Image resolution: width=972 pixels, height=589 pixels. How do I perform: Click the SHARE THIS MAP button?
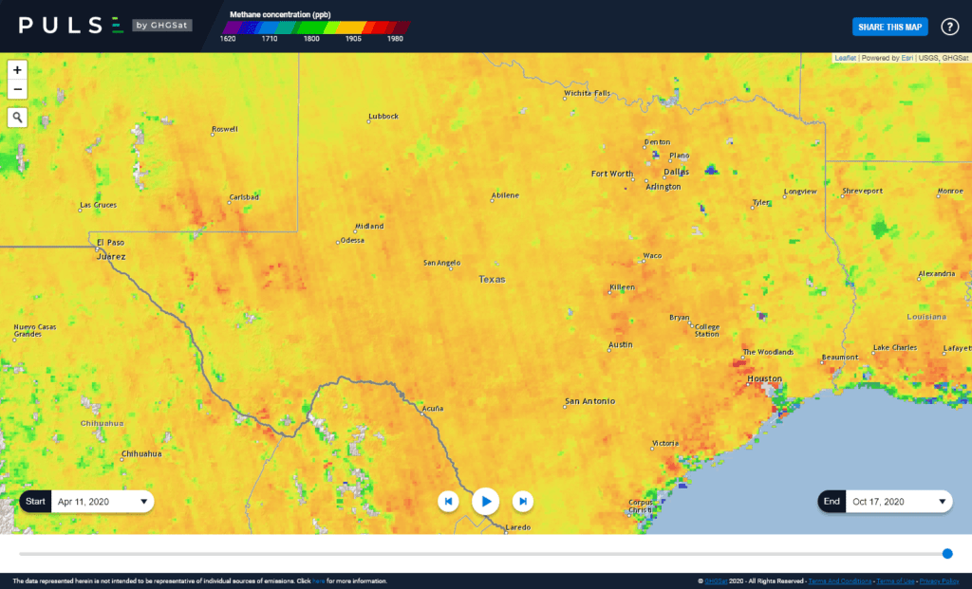pyautogui.click(x=888, y=27)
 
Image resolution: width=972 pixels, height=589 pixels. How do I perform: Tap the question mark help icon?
pyautogui.click(x=949, y=27)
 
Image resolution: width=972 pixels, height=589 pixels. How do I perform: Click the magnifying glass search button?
pyautogui.click(x=17, y=118)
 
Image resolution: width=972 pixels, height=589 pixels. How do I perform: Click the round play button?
pyautogui.click(x=485, y=500)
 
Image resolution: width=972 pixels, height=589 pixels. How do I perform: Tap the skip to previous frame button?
pyautogui.click(x=449, y=501)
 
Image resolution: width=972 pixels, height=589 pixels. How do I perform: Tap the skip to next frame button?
pyautogui.click(x=522, y=501)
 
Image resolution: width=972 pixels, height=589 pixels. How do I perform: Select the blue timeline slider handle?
pyautogui.click(x=947, y=554)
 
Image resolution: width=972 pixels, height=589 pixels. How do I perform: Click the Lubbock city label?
pyautogui.click(x=383, y=117)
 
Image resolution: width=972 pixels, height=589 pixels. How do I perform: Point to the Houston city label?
pyautogui.click(x=764, y=378)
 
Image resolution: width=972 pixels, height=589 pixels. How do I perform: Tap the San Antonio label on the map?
pyautogui.click(x=589, y=401)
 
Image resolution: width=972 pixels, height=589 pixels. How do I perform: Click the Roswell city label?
pyautogui.click(x=225, y=129)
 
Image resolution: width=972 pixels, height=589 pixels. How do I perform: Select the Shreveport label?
pyautogui.click(x=862, y=191)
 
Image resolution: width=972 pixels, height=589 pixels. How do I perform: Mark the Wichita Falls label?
pyautogui.click(x=587, y=93)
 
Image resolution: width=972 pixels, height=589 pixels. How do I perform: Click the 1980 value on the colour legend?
pyautogui.click(x=395, y=39)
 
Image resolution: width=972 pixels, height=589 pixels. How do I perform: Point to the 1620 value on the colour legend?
pyautogui.click(x=228, y=39)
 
